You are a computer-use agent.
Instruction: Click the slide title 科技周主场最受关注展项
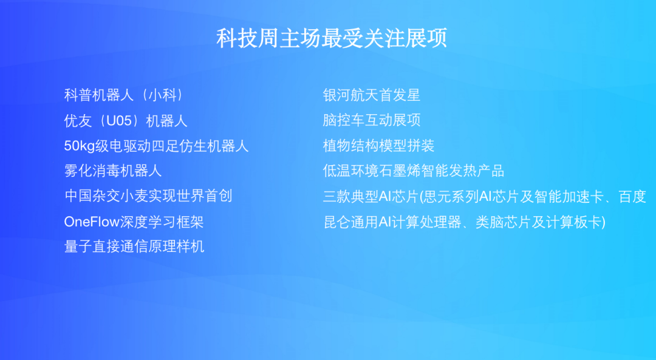[332, 38]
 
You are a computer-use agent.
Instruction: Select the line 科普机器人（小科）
[123, 95]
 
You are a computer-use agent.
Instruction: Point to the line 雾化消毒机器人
[113, 171]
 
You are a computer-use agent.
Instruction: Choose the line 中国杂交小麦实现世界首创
[148, 196]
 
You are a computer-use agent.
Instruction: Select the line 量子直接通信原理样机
[134, 246]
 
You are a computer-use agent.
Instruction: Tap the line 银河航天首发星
[371, 95]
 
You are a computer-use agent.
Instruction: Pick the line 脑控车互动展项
[371, 121]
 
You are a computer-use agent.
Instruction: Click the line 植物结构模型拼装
[378, 146]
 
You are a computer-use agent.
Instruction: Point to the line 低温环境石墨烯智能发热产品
[414, 171]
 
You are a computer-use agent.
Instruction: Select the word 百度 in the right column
[632, 197]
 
